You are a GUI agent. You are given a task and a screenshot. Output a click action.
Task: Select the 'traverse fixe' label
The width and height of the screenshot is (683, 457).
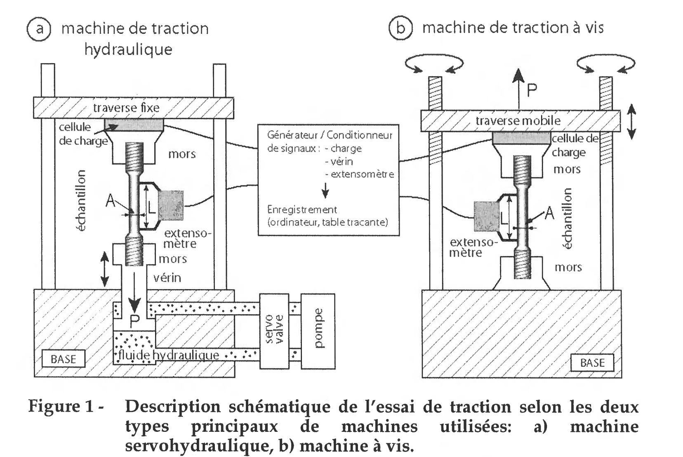126,108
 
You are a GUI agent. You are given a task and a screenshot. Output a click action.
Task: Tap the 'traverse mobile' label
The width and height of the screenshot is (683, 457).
518,120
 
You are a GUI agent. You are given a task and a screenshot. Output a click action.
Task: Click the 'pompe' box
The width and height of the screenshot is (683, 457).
318,331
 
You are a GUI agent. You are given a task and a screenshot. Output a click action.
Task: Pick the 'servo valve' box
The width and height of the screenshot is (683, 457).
274,331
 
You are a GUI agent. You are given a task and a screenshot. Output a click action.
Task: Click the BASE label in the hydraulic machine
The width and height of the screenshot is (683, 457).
63,359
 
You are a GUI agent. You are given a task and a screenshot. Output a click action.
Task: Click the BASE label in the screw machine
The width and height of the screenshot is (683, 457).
592,363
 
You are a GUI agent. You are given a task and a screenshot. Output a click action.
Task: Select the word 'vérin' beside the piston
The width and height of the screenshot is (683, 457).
167,277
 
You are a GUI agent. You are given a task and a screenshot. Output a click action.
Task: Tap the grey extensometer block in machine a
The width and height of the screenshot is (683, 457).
171,205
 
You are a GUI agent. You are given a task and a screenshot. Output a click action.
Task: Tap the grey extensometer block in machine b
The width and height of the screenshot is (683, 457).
487,216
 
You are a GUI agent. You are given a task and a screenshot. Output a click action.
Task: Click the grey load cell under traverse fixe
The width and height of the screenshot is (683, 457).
134,124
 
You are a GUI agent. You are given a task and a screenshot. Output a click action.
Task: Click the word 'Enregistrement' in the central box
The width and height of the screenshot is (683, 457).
302,209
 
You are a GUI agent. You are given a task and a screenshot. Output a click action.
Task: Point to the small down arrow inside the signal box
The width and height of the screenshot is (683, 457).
325,190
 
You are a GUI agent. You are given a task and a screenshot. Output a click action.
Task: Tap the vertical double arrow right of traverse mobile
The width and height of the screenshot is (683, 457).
631,121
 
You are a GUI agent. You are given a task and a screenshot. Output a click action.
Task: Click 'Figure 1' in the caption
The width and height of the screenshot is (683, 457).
61,407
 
